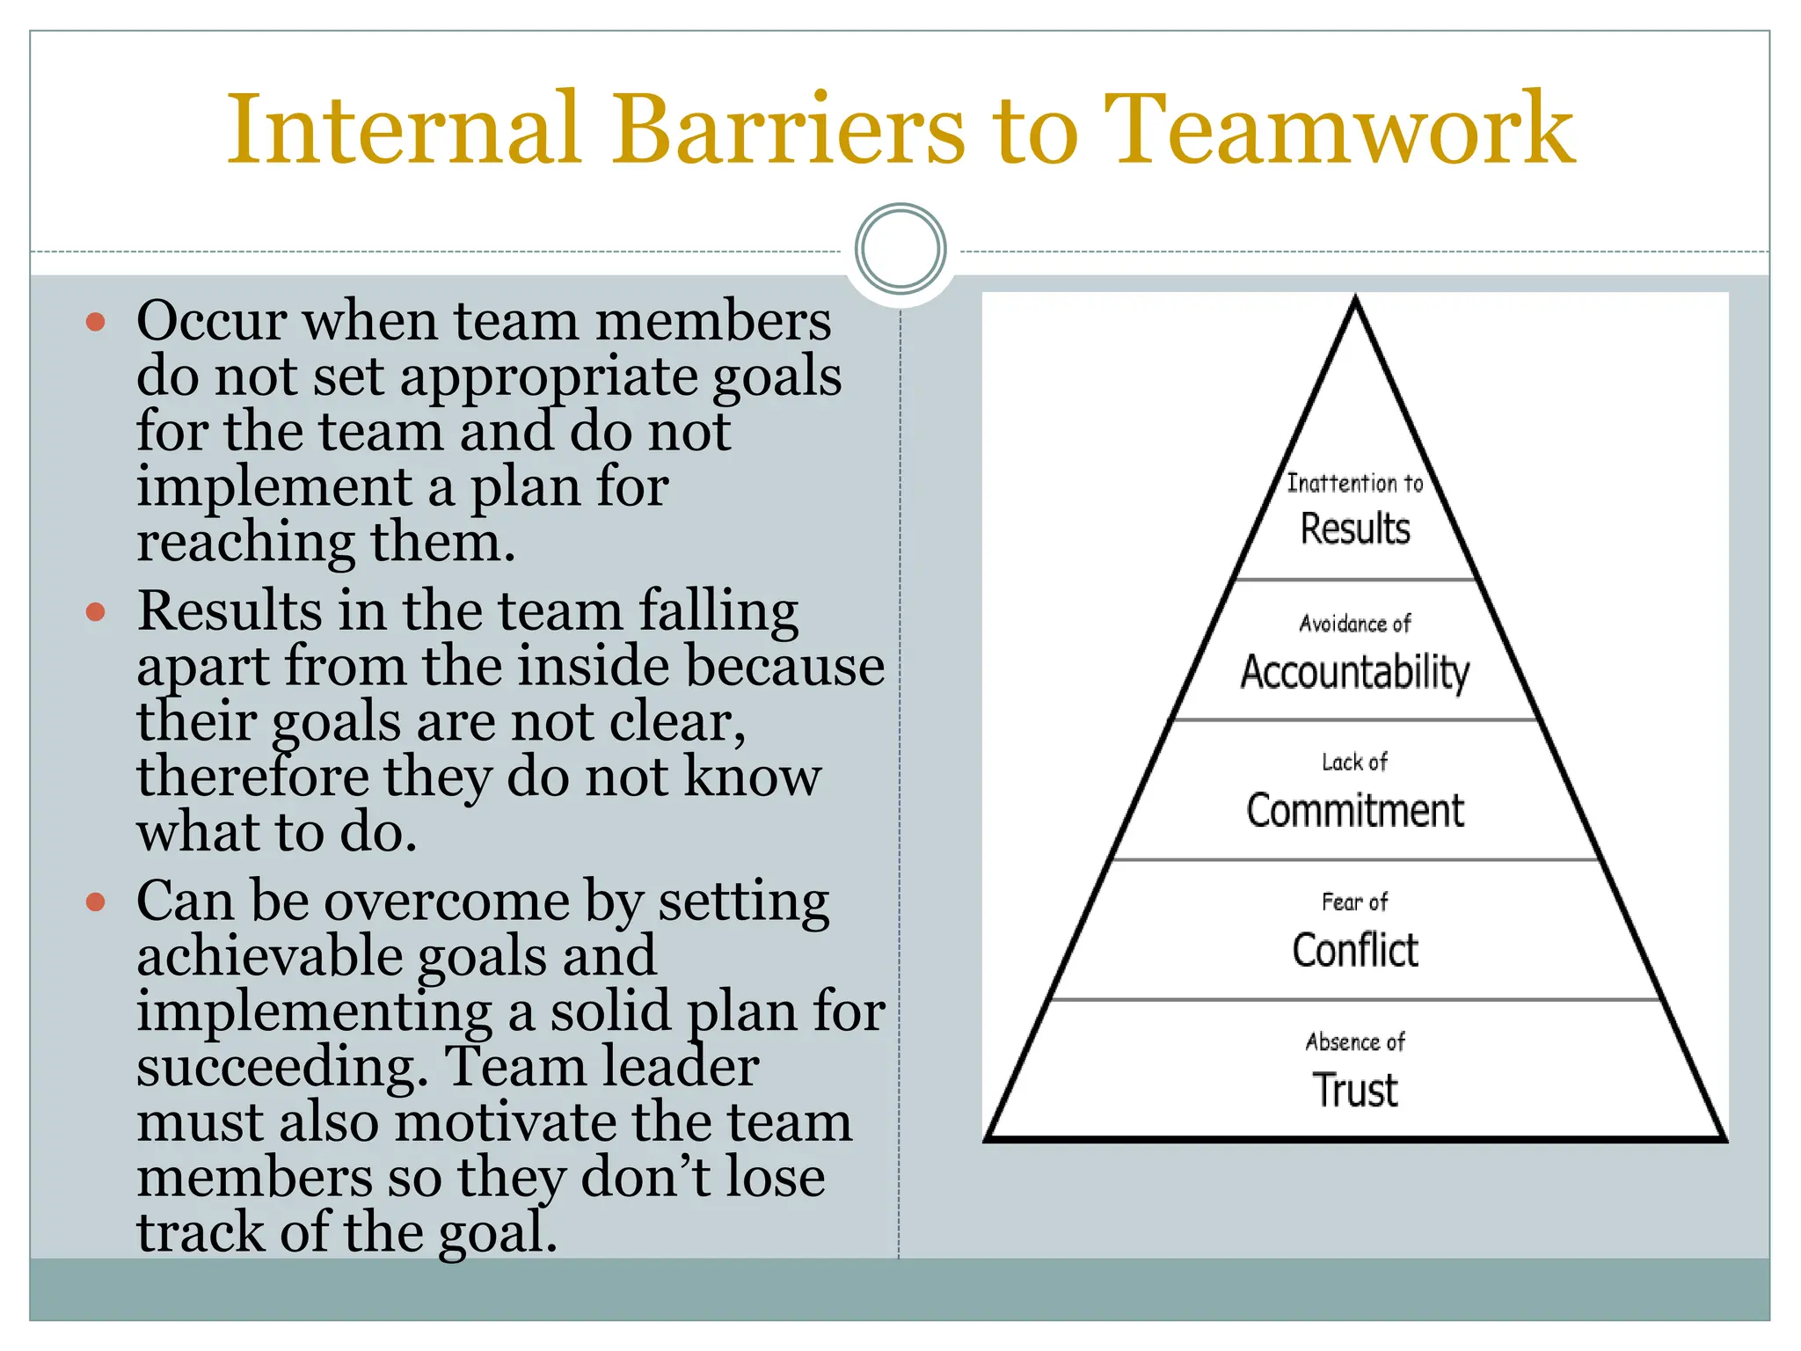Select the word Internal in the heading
click(x=404, y=129)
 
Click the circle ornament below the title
click(x=900, y=248)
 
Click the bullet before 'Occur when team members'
click(x=96, y=321)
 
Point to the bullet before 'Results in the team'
click(x=96, y=611)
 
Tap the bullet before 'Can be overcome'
click(x=96, y=902)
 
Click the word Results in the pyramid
click(x=1355, y=529)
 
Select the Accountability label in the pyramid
click(x=1355, y=672)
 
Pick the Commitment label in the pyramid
click(x=1355, y=810)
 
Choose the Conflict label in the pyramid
click(x=1355, y=950)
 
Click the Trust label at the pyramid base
click(x=1355, y=1090)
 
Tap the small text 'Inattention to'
click(x=1355, y=483)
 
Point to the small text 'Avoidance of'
click(x=1355, y=624)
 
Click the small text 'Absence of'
click(x=1355, y=1042)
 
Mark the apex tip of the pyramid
click(x=1355, y=300)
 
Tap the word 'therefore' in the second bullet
click(x=252, y=778)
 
